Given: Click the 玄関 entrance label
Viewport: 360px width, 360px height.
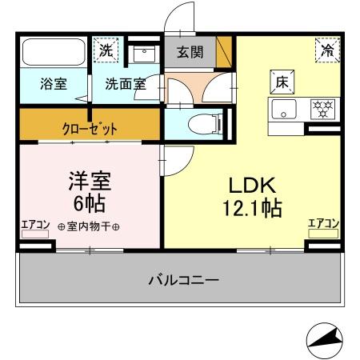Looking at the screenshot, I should click(190, 53).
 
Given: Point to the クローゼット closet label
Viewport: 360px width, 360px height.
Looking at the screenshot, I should click(90, 127).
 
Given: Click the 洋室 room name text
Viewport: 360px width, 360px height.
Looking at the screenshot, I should click(90, 179).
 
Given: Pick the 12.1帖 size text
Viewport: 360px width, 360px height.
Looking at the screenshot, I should click(251, 209).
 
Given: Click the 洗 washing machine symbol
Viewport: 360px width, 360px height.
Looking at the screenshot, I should click(106, 50).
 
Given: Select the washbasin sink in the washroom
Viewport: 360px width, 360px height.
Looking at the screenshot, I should click(145, 54).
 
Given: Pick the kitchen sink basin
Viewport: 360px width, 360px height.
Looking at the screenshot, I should click(284, 107).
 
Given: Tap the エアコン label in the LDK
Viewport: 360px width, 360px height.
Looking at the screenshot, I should click(324, 223).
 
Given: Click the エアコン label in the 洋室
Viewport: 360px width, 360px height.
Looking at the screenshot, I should click(36, 223).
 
